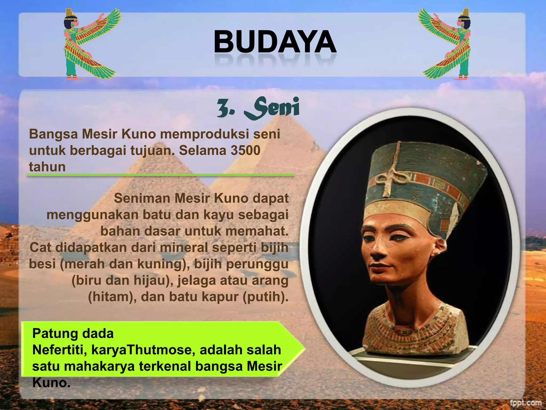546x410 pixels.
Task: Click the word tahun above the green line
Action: tap(47, 167)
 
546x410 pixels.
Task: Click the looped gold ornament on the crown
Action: tap(389, 176)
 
